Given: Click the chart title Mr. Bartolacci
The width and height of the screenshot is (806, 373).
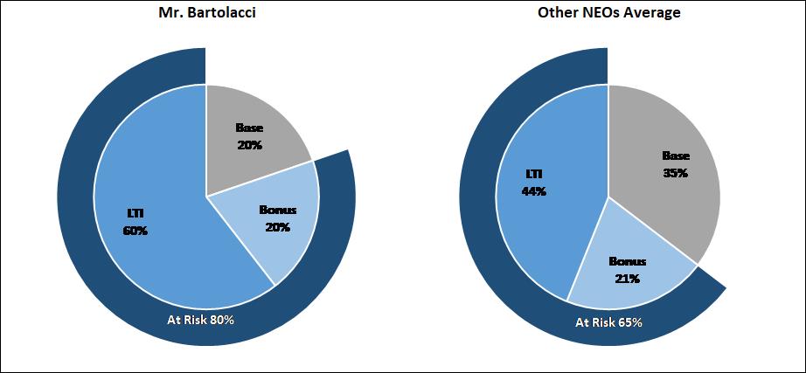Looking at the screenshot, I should [205, 15].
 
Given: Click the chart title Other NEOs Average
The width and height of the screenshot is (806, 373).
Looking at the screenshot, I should [608, 15].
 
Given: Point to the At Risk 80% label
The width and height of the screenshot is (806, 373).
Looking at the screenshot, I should [201, 320].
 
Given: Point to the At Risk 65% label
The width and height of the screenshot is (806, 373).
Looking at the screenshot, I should [608, 322].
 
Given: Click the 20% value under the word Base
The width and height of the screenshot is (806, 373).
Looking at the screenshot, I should [249, 145].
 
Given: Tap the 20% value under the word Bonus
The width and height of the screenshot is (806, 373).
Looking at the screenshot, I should [277, 227].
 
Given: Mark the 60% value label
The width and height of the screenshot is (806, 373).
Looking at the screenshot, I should [135, 231].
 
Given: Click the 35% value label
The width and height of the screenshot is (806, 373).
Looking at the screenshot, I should [675, 173].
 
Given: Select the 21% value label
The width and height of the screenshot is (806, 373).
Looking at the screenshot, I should [626, 279].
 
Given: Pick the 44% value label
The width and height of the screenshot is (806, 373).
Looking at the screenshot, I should [533, 191].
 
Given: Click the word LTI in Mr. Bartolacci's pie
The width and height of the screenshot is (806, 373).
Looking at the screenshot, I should [135, 214].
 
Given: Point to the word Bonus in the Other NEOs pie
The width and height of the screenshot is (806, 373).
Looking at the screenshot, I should [626, 262].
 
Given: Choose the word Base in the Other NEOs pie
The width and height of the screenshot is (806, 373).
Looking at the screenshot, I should [675, 156].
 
